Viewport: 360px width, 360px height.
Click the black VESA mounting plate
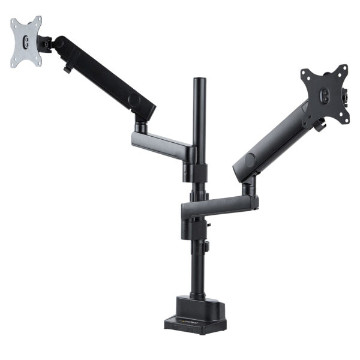324,96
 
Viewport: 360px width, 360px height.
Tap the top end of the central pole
199,80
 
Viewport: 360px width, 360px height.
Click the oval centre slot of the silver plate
26,42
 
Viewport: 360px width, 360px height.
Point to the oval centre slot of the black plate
325,95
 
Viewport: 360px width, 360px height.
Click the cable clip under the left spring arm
67,69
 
